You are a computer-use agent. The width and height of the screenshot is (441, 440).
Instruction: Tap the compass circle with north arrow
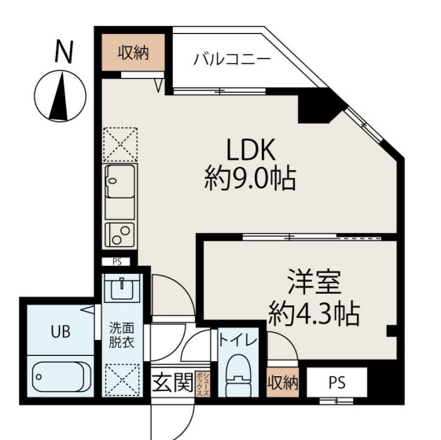59,94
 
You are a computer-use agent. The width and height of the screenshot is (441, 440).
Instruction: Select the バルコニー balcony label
232,60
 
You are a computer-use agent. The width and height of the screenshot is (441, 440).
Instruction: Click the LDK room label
252,148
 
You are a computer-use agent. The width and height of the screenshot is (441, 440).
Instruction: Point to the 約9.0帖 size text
250,180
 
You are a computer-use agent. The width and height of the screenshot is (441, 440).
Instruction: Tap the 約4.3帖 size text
314,314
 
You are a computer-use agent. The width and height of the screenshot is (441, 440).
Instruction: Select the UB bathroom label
60,331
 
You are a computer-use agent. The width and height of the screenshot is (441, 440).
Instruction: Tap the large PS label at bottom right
336,383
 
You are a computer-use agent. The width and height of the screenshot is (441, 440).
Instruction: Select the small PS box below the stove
117,261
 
